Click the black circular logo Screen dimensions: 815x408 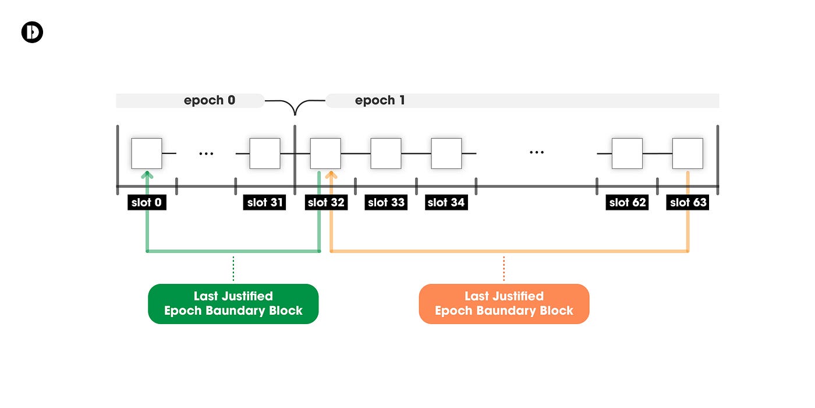click(x=32, y=32)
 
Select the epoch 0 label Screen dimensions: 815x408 click(x=210, y=100)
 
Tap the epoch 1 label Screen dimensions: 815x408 click(x=380, y=100)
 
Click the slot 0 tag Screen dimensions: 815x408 click(x=147, y=202)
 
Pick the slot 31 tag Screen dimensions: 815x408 click(x=264, y=202)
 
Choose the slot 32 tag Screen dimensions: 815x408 click(x=326, y=202)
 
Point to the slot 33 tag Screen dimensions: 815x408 click(x=386, y=202)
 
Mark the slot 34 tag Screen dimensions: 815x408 click(x=446, y=202)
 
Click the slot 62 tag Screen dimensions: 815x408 click(x=627, y=202)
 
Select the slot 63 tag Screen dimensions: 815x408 click(x=688, y=202)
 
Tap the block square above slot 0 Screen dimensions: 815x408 click(x=147, y=153)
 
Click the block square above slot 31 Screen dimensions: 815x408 click(x=265, y=153)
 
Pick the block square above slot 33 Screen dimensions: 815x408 click(x=386, y=153)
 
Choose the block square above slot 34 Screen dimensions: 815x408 click(x=447, y=153)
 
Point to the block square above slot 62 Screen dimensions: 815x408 click(x=628, y=153)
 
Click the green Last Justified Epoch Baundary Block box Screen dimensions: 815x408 click(x=233, y=304)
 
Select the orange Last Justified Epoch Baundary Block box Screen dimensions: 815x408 click(x=504, y=304)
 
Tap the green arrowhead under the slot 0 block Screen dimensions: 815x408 click(x=147, y=174)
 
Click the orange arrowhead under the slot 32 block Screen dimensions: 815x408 click(x=331, y=174)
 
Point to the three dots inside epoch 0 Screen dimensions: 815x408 click(x=206, y=154)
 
